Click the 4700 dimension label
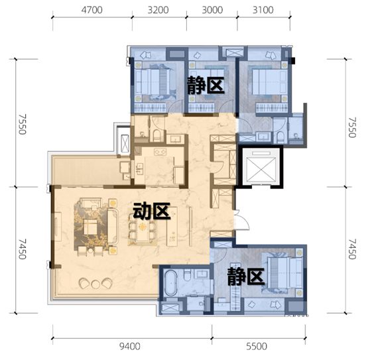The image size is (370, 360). pos(92,10)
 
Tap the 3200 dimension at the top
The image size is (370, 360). pos(158,10)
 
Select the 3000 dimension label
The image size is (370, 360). pos(212,10)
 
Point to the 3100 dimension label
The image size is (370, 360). pos(263,10)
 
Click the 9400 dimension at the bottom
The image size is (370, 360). pos(130,346)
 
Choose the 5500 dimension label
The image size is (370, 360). pos(257,346)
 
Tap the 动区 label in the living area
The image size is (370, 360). pos(151,211)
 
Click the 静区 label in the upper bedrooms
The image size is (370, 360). pos(206,86)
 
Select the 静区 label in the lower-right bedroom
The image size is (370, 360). pos(245,276)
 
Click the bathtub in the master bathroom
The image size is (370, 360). pos(170,283)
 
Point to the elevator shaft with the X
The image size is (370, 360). pos(261,167)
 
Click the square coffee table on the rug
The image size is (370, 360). pos(90,227)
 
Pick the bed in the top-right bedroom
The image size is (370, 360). pos(269,82)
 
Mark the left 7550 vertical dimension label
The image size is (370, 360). pos(23,125)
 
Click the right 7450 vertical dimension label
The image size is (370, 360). pos(352,249)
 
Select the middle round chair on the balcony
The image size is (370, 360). pos(95,284)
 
